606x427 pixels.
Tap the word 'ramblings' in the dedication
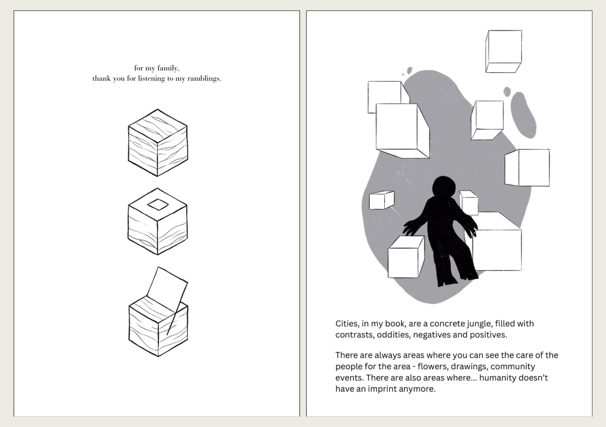click(204, 79)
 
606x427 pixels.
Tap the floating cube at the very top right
click(504, 51)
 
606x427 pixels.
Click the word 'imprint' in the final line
click(382, 389)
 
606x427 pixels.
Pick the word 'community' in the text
click(513, 366)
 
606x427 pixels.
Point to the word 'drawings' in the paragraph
click(469, 366)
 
